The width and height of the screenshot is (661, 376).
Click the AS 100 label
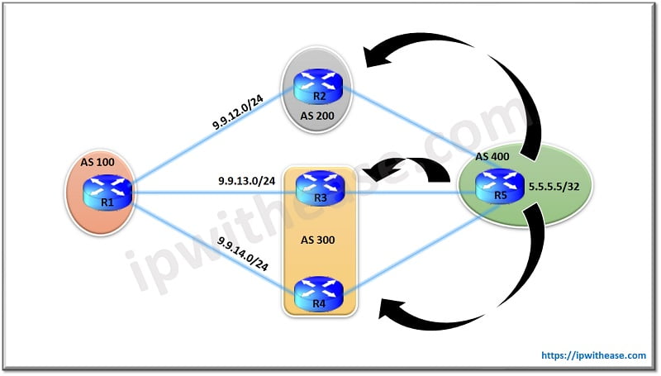97,162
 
